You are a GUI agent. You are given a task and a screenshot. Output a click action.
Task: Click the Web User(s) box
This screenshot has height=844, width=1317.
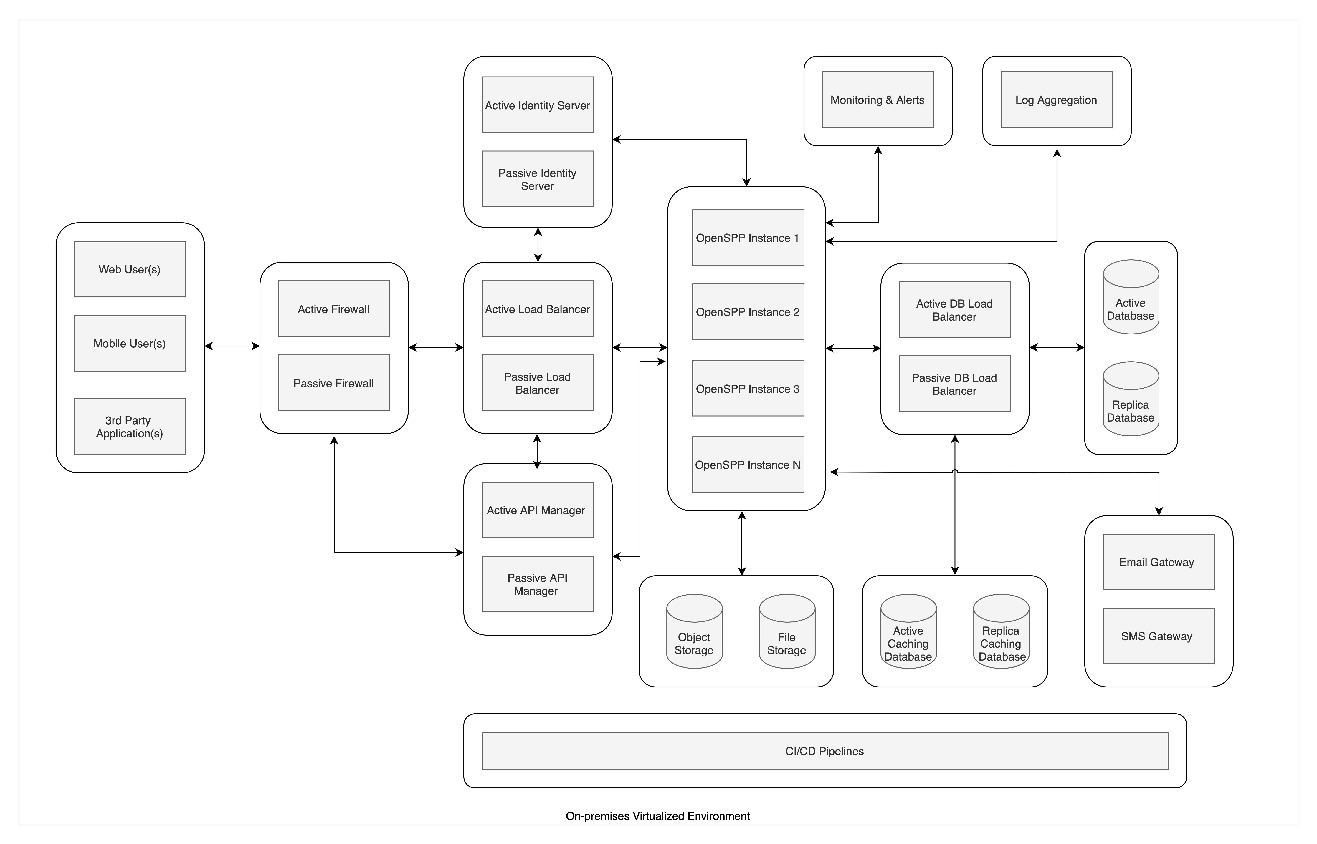point(130,269)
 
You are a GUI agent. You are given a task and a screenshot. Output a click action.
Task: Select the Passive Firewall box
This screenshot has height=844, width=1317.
point(334,383)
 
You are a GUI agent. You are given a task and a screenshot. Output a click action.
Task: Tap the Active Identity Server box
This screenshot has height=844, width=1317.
point(537,105)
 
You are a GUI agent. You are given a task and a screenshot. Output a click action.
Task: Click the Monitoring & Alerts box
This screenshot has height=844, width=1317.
point(877,100)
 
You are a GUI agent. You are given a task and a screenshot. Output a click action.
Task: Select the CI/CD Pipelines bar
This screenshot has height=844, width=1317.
point(825,751)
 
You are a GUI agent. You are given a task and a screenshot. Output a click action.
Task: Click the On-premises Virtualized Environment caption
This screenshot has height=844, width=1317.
point(657,816)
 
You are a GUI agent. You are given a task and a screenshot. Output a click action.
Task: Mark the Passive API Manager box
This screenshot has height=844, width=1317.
point(537,584)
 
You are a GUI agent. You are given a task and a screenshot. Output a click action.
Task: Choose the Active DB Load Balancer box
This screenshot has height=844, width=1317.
point(955,310)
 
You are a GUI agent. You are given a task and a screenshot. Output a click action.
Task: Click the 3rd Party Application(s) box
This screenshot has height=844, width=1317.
point(130,426)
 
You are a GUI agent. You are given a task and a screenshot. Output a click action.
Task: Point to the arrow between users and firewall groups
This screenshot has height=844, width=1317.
point(232,346)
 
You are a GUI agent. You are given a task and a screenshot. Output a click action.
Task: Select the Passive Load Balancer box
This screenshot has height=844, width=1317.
point(537,383)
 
